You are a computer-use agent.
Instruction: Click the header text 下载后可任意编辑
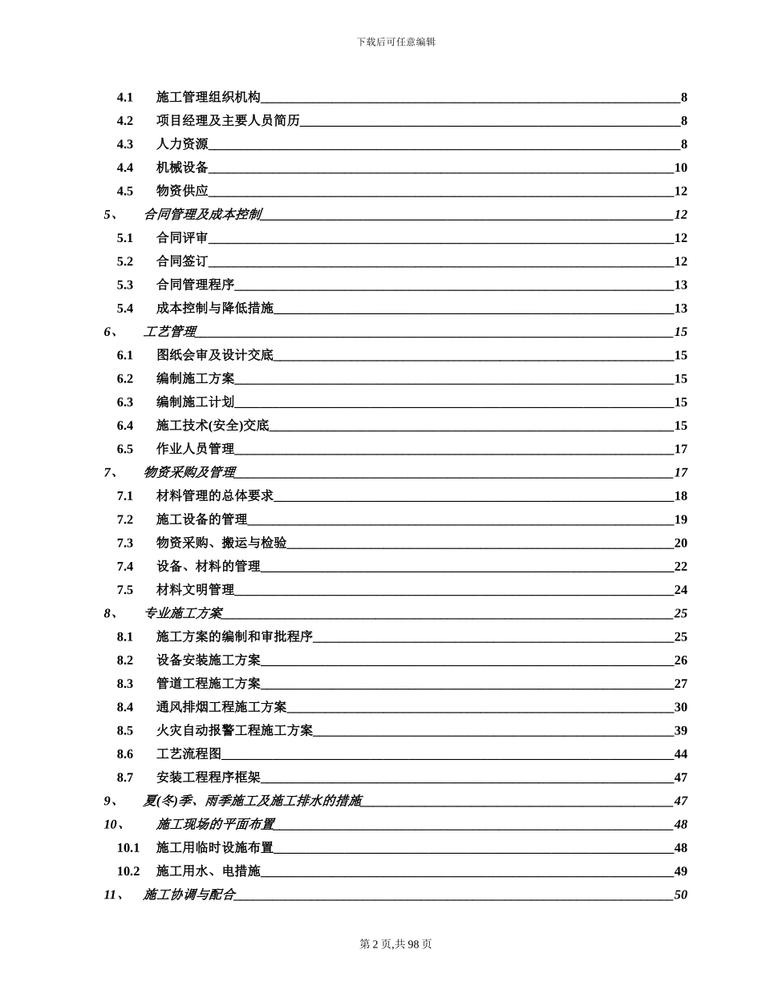[396, 42]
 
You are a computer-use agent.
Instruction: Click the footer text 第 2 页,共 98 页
[395, 944]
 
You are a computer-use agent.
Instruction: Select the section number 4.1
[125, 98]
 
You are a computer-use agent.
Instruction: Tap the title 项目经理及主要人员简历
[228, 121]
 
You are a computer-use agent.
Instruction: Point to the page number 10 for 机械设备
[680, 168]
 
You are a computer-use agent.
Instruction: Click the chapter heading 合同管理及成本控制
[202, 215]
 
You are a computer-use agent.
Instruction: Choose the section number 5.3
[125, 285]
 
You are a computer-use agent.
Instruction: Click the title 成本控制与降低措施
[215, 309]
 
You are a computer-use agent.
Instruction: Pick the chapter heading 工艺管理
[169, 332]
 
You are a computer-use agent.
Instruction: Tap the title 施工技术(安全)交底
[213, 426]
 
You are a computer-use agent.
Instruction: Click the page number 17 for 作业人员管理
[680, 449]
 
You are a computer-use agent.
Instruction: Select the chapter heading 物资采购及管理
[189, 472]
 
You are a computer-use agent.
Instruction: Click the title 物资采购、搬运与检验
[221, 543]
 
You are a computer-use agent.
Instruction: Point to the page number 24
[680, 590]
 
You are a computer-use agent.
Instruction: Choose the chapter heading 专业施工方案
[183, 613]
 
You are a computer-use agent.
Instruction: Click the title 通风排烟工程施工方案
[221, 707]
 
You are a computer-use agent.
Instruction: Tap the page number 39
[680, 730]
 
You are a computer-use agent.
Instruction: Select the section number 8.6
[125, 754]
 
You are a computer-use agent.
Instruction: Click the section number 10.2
[128, 871]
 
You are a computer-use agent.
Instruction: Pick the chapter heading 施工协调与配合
[189, 895]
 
